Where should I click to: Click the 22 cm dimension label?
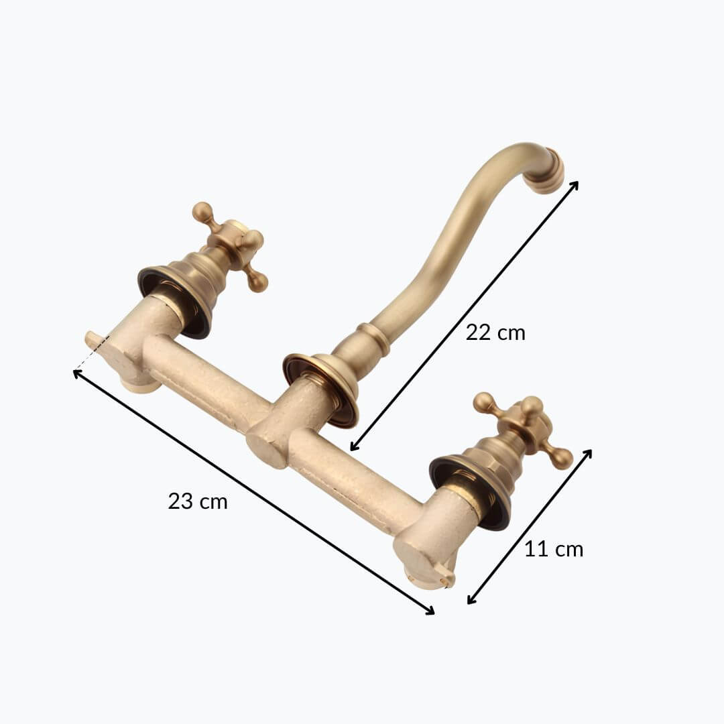(x=495, y=333)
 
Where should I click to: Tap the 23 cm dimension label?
(x=198, y=501)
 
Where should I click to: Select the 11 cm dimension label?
(x=554, y=549)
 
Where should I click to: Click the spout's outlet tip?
(x=554, y=170)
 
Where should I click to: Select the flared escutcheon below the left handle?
(x=176, y=301)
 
